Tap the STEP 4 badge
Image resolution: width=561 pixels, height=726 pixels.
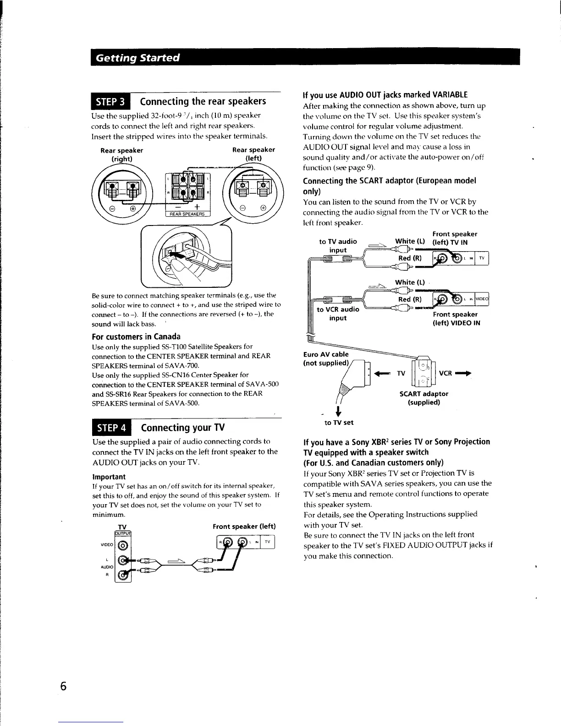pos(111,428)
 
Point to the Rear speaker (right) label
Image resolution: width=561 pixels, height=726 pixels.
pos(122,154)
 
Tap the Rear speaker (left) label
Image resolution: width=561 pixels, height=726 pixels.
pos(253,154)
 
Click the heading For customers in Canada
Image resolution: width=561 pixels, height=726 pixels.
pos(136,336)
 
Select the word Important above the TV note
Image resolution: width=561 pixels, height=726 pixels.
pos(109,477)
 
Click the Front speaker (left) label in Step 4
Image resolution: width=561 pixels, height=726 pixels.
pos(244,526)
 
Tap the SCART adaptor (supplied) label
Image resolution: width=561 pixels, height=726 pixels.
pos(424,398)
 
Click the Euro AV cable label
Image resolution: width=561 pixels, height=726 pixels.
pos(326,358)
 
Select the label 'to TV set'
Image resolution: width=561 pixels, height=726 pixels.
pos(339,423)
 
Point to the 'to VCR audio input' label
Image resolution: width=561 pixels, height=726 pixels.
pos(338,313)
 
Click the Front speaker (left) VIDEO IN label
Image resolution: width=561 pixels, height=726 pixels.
pos(456,319)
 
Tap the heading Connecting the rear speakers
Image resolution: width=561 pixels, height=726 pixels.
pos(203,101)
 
